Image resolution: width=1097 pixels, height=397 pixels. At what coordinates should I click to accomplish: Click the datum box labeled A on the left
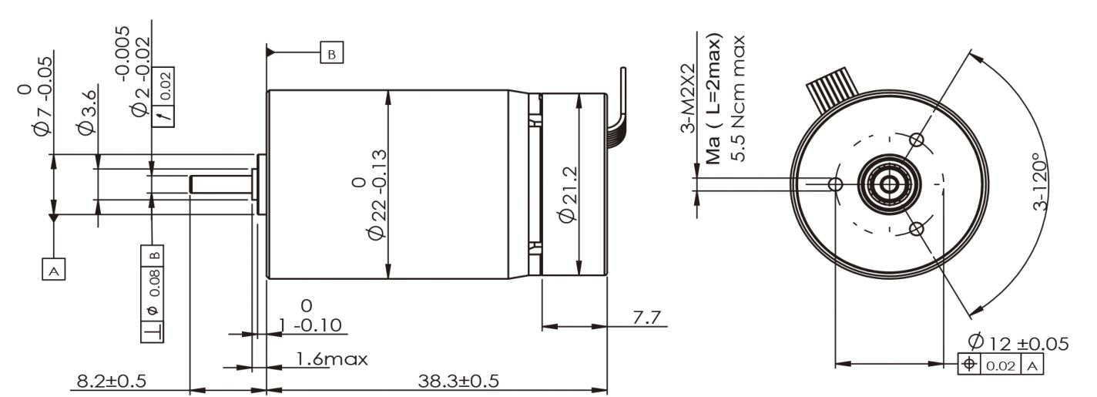[54, 268]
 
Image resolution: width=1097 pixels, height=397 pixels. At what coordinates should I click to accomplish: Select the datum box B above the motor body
[332, 52]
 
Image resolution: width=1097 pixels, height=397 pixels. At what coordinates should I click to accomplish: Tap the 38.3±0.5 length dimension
[458, 381]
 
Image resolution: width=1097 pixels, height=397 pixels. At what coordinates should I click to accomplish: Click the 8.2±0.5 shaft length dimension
[112, 381]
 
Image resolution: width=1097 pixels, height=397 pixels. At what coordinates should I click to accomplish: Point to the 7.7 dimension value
[646, 318]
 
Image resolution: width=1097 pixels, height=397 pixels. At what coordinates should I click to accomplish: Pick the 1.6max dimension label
[331, 359]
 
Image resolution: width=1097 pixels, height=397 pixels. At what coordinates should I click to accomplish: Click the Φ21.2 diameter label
[569, 194]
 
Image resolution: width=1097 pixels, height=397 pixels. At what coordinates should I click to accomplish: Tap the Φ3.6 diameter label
[87, 112]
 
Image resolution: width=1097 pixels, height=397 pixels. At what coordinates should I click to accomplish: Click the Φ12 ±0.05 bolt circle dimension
[1018, 342]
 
